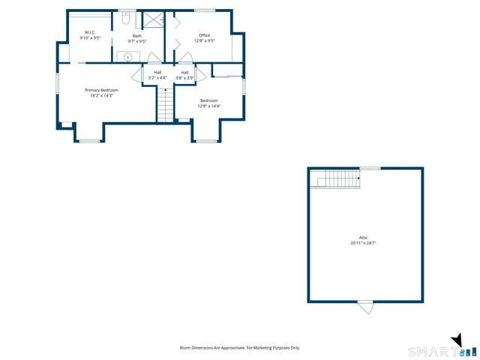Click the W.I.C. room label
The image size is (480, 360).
[x=90, y=32]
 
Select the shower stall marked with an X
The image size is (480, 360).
[x=154, y=20]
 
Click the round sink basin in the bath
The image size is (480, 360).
[x=128, y=57]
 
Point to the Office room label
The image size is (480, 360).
[x=205, y=35]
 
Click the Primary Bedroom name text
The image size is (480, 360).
[x=101, y=90]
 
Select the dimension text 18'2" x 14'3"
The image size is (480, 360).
[x=101, y=96]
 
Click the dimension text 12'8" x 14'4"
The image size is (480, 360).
[x=208, y=106]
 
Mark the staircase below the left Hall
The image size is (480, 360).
[x=166, y=104]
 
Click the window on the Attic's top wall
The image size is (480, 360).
[x=370, y=168]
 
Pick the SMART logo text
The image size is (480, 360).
[x=430, y=351]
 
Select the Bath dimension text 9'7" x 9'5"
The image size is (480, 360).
[x=137, y=41]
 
